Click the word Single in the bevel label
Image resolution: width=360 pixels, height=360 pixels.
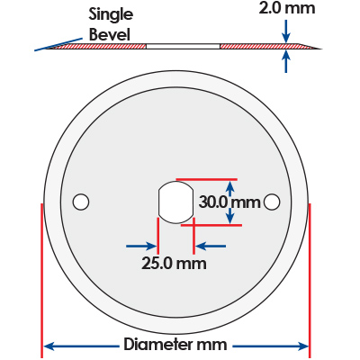(x=111, y=15)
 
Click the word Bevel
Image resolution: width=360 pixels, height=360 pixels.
(x=110, y=34)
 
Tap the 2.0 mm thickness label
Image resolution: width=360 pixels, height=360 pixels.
(x=287, y=8)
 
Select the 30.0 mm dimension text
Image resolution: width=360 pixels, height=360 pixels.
(x=229, y=202)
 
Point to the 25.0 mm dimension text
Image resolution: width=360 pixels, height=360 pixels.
(x=174, y=264)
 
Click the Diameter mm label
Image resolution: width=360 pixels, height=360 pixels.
(x=175, y=345)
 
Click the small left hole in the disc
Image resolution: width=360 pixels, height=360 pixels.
(x=81, y=202)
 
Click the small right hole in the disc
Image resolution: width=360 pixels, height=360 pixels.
(x=272, y=202)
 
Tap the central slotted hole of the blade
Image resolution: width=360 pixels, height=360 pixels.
(x=175, y=202)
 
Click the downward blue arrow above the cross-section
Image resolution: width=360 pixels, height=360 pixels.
(x=286, y=31)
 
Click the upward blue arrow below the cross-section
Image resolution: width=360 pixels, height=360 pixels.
(x=286, y=61)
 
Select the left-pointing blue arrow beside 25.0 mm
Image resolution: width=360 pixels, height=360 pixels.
(x=211, y=247)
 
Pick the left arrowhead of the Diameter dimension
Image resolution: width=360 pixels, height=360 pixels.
(x=49, y=346)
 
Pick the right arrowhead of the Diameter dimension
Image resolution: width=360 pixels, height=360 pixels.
(x=303, y=346)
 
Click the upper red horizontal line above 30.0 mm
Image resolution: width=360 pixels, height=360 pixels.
(x=207, y=180)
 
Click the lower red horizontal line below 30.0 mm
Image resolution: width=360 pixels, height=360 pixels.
(x=211, y=225)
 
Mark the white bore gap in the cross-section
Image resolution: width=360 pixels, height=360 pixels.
(x=183, y=47)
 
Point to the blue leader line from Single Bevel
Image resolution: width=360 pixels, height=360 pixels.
(x=58, y=44)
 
